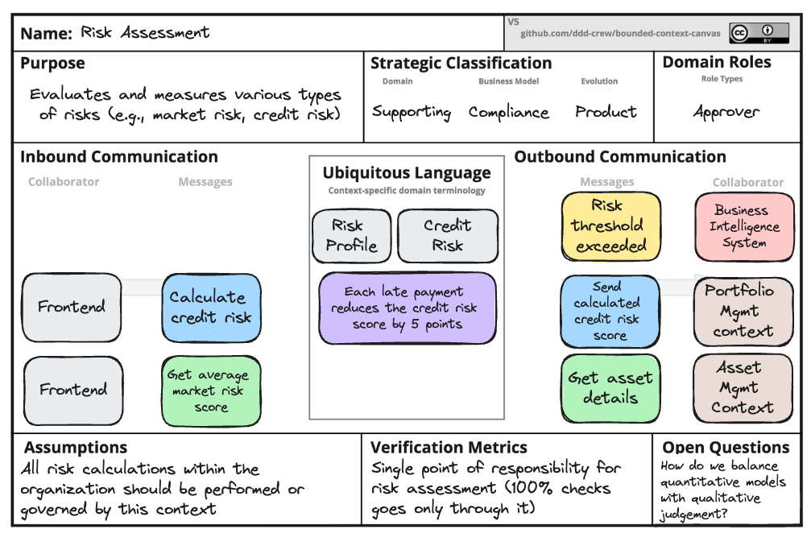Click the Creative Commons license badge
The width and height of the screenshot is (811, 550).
748,33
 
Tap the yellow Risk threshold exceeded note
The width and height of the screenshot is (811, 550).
611,226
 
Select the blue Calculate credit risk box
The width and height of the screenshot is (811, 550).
211,307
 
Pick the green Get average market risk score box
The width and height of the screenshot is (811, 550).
211,391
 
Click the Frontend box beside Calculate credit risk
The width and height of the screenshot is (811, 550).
72,307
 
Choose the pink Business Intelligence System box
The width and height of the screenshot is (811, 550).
744,226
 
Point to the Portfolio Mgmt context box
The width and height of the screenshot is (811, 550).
743,311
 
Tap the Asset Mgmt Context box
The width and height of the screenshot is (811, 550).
743,388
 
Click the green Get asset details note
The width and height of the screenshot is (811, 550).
610,388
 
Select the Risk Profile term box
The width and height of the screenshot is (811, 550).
351,236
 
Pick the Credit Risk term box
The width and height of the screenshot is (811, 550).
448,236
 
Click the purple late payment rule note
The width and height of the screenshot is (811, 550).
408,308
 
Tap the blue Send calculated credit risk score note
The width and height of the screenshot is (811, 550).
610,311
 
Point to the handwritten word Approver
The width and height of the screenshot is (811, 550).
726,112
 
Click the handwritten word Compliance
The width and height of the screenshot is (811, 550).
509,112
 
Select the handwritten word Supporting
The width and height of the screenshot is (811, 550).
412,112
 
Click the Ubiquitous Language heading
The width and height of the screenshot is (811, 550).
407,172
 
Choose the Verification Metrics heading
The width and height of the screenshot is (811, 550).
449,448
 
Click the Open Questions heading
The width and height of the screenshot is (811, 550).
726,448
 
